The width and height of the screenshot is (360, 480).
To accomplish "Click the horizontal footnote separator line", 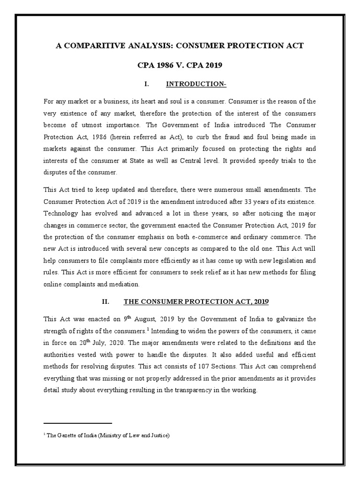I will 78,423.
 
